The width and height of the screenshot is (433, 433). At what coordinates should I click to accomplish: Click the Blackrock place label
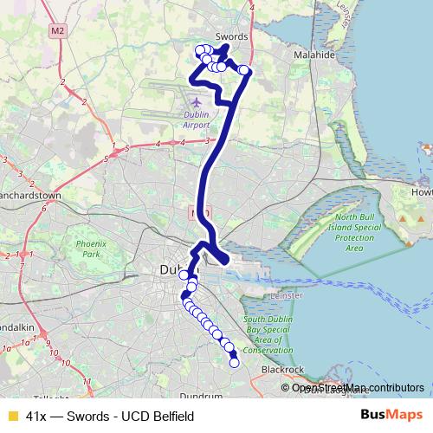click(x=282, y=370)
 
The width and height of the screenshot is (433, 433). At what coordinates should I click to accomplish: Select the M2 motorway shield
click(x=58, y=31)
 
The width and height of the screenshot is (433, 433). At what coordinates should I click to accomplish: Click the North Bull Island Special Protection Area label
click(x=353, y=232)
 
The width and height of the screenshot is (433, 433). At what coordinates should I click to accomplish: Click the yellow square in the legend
click(x=11, y=417)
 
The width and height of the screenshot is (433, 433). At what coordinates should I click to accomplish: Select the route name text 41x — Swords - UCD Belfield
click(x=110, y=417)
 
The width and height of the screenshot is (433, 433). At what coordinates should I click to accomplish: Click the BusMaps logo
click(x=392, y=416)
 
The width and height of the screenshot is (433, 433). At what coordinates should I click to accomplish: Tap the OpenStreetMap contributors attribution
click(x=358, y=387)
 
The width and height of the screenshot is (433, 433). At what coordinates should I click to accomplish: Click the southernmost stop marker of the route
click(x=233, y=363)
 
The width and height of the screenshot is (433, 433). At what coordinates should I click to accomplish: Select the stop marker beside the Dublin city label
click(x=184, y=275)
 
